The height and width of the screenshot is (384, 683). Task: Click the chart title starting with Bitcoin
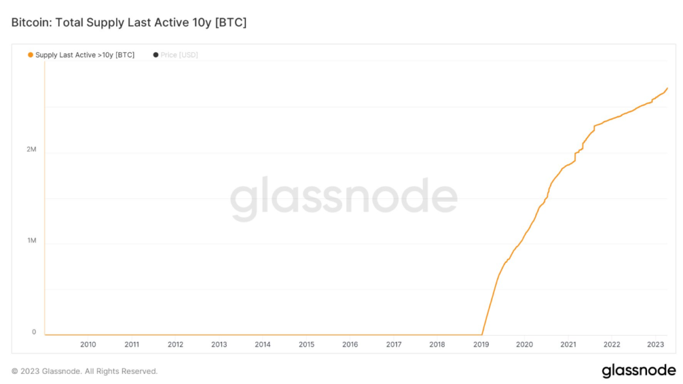[x=129, y=23]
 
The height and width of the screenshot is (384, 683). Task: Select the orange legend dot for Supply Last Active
[x=30, y=55]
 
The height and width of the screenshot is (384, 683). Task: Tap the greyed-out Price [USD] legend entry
[x=179, y=55]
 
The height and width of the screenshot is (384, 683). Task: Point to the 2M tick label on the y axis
[x=31, y=150]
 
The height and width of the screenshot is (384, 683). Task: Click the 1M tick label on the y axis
[x=31, y=240]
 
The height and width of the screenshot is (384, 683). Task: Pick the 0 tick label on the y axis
[x=34, y=332]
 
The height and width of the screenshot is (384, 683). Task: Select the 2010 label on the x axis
[x=88, y=345]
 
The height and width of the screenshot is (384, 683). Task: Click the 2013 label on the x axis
[x=219, y=345]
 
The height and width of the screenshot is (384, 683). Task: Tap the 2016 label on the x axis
[x=350, y=345]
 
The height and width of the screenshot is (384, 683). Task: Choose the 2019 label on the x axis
[x=481, y=345]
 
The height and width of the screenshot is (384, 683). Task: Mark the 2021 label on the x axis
[x=568, y=345]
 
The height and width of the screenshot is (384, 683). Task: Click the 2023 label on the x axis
[x=656, y=345]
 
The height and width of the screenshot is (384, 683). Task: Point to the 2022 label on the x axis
[x=612, y=345]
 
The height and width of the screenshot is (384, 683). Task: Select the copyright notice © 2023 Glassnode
[x=85, y=371]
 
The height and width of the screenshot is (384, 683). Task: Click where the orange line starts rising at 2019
[x=482, y=334]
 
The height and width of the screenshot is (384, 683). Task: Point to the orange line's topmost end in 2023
[x=667, y=88]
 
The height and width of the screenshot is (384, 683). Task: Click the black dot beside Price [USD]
[x=155, y=55]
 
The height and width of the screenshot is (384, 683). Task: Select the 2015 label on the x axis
[x=306, y=345]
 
